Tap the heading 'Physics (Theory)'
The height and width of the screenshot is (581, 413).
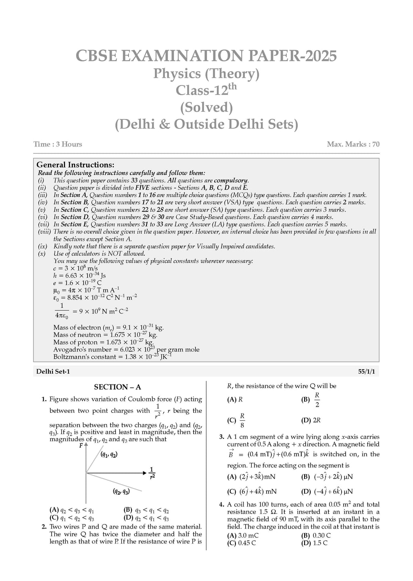coord(206,73)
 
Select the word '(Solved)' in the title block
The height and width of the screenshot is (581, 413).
coord(206,107)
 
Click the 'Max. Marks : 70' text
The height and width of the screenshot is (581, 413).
coord(353,144)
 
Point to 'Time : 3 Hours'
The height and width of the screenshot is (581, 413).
coord(58,144)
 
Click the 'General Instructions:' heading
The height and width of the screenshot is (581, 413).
coord(75,165)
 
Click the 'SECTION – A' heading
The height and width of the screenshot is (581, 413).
coord(117,387)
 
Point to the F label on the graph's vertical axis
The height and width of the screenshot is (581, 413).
coord(81,446)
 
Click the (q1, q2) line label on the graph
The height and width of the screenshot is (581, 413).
coord(109,455)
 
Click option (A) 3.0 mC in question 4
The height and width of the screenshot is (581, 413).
coord(243,535)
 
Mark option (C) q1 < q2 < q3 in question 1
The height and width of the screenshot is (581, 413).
coord(72,518)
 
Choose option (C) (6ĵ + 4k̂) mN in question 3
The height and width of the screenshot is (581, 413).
coord(252,491)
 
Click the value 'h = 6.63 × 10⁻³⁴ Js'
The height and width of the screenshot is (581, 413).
coord(79,276)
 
